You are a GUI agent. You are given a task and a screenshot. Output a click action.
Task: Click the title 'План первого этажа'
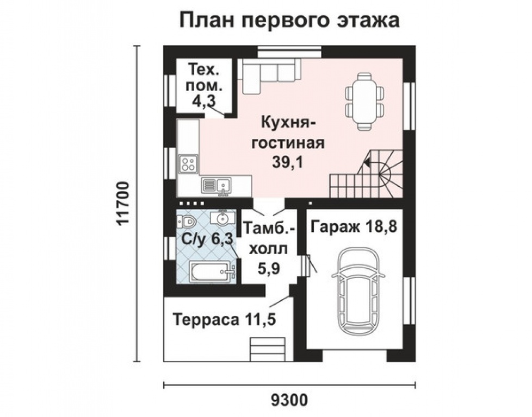(x=289, y=20)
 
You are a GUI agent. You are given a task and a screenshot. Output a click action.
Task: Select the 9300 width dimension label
(x=289, y=400)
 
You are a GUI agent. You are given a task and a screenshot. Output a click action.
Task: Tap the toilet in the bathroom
(x=187, y=222)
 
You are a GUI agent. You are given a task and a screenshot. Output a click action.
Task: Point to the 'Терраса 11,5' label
(x=225, y=319)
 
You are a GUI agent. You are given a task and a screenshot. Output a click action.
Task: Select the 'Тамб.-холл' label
(x=269, y=237)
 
